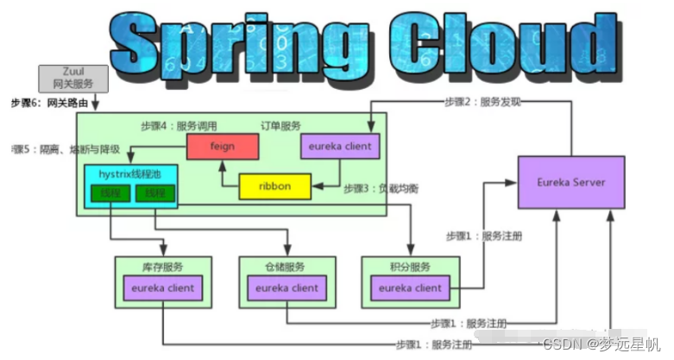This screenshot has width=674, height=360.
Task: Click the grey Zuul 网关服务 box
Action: [x=72, y=78]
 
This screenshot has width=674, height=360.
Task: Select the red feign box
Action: [x=222, y=147]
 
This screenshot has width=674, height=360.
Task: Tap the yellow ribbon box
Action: [x=275, y=186]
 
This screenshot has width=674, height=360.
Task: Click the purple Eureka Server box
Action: [x=570, y=182]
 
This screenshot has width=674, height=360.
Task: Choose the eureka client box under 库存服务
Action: [x=163, y=288]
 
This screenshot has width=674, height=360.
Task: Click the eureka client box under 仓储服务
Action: [x=287, y=288]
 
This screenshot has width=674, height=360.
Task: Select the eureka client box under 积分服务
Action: [x=410, y=288]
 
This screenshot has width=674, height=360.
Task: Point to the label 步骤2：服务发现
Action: [x=482, y=102]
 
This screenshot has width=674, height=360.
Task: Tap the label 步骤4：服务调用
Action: [x=180, y=125]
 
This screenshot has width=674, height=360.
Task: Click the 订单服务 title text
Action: [x=283, y=125]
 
